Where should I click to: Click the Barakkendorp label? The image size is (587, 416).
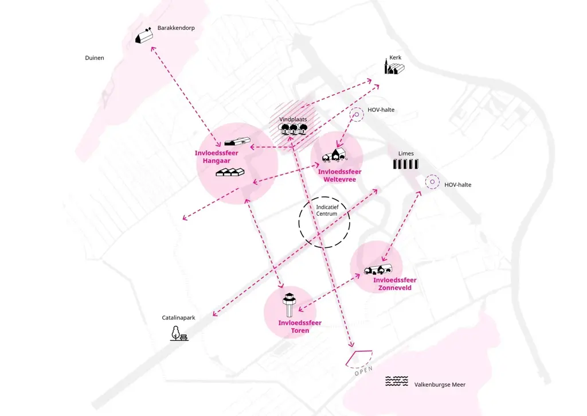(176, 28)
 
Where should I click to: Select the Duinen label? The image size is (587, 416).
(95, 58)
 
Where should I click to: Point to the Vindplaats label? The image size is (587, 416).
(293, 119)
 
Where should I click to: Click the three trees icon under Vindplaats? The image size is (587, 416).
(293, 129)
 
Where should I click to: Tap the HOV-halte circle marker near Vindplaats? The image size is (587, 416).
(357, 114)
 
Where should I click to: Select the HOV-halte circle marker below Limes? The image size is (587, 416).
(432, 182)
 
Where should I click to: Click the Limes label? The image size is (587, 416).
(406, 153)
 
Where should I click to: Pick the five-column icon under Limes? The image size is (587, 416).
(406, 164)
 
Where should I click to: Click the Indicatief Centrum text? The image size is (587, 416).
(327, 210)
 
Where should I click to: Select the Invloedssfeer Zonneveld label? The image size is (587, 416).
(394, 283)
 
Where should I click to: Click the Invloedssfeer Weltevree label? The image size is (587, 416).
(339, 176)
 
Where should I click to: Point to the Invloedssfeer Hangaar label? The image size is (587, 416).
(216, 157)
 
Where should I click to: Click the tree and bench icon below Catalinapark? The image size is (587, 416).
(179, 333)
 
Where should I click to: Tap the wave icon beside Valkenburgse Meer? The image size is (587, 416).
(397, 381)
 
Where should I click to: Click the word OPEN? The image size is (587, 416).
(363, 371)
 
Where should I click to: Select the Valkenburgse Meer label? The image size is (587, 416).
(440, 384)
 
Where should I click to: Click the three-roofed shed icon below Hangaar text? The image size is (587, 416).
(230, 172)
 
